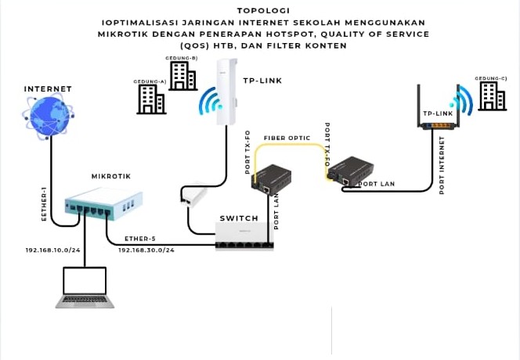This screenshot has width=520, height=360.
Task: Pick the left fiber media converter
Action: [x=270, y=178]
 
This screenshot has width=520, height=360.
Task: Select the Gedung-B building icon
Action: [x=182, y=75]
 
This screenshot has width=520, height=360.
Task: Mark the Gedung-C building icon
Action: [x=492, y=95]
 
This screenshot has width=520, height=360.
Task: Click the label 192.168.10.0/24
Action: [x=54, y=250]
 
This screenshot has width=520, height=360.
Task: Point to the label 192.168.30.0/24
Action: [x=146, y=250]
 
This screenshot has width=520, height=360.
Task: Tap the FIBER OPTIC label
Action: [x=287, y=138]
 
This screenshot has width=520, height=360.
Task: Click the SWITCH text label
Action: [x=239, y=218]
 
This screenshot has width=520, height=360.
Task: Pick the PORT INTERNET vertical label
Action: [x=442, y=164]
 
